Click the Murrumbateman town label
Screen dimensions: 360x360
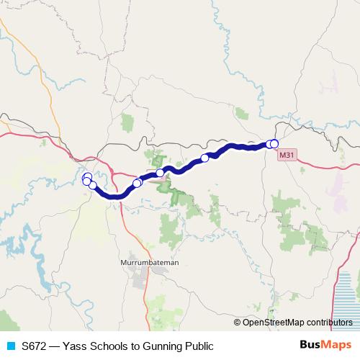[150, 264]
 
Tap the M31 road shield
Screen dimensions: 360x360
[287, 154]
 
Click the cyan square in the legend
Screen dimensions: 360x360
[10, 346]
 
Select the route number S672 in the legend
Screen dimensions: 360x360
[35, 346]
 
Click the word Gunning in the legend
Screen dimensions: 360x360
[163, 346]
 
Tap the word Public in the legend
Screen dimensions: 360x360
[199, 346]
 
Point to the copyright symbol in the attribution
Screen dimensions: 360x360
[238, 323]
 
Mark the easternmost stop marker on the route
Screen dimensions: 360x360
[274, 144]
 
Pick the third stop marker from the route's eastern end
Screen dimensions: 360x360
[204, 158]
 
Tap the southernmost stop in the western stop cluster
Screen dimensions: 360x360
[92, 186]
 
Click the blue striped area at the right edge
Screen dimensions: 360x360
[348, 295]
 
